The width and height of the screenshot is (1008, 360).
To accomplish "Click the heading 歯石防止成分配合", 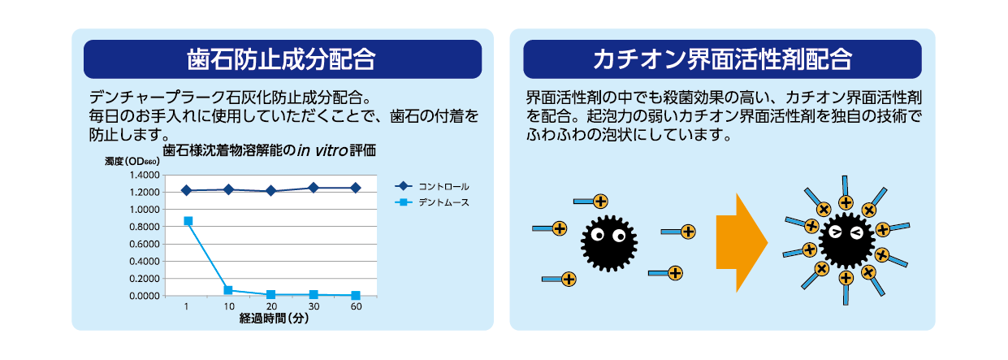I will coord(282,59).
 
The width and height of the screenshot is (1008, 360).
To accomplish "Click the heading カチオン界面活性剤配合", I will coord(722,59).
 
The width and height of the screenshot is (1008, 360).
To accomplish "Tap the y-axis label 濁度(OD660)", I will coord(132,162).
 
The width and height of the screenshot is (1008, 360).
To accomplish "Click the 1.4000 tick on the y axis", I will coord(144,175).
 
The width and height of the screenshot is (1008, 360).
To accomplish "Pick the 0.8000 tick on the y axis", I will coord(144,227).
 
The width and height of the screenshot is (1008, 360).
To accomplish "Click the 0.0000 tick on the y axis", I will coord(144,296).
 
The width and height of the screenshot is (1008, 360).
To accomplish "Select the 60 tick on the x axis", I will coord(356,306).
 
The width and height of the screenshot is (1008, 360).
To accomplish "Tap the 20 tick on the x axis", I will coord(271,306).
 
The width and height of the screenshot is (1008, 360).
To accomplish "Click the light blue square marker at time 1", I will coord(188,221).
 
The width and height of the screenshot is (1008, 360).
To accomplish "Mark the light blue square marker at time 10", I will coord(228,290).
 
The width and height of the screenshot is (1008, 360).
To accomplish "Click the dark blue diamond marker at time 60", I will coord(356,188).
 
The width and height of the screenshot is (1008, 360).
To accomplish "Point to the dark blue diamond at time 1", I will coord(187,190).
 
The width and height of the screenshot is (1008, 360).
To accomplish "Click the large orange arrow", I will coord(741,242).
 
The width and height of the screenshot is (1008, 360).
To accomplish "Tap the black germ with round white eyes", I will coord(608,241).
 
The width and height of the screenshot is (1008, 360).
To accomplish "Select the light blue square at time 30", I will coord(314,294).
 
